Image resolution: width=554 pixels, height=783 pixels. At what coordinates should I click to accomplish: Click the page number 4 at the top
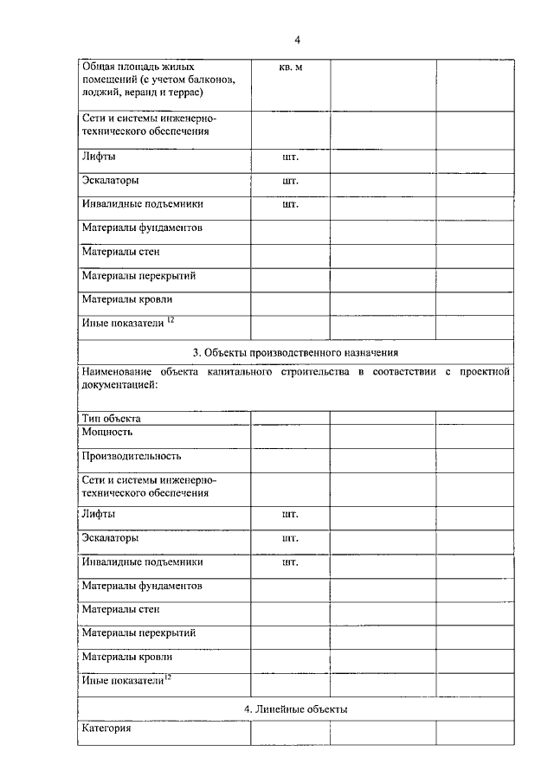coord(297,40)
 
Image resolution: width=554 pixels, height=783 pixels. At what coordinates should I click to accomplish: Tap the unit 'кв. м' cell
coord(290,67)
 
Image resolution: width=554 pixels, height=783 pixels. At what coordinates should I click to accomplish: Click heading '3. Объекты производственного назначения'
coord(295,352)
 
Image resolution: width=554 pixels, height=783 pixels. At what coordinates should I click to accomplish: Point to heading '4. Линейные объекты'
coord(295,709)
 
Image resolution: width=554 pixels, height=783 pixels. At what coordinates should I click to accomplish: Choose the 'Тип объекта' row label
coord(112,418)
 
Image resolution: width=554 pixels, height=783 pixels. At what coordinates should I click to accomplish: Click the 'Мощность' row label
coord(107,431)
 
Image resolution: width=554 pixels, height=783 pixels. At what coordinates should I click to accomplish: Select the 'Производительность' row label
coord(132,455)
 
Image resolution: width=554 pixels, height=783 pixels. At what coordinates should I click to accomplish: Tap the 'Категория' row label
coord(106,728)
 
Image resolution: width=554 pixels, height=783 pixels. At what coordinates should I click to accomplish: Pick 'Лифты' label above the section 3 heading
coord(99,157)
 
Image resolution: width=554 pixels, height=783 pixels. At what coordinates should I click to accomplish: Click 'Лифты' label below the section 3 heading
coord(99,514)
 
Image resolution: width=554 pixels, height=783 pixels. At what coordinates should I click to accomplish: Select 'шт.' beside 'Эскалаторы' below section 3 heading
coord(290,538)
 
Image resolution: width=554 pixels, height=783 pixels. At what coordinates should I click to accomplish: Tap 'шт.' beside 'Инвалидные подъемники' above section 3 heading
coord(290,205)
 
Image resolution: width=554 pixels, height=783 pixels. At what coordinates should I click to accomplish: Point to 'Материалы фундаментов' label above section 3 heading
coord(142,228)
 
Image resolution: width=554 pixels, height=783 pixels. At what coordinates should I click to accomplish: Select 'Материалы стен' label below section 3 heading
coord(120,609)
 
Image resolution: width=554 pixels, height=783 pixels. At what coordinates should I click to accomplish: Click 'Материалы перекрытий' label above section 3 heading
coord(138,276)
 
